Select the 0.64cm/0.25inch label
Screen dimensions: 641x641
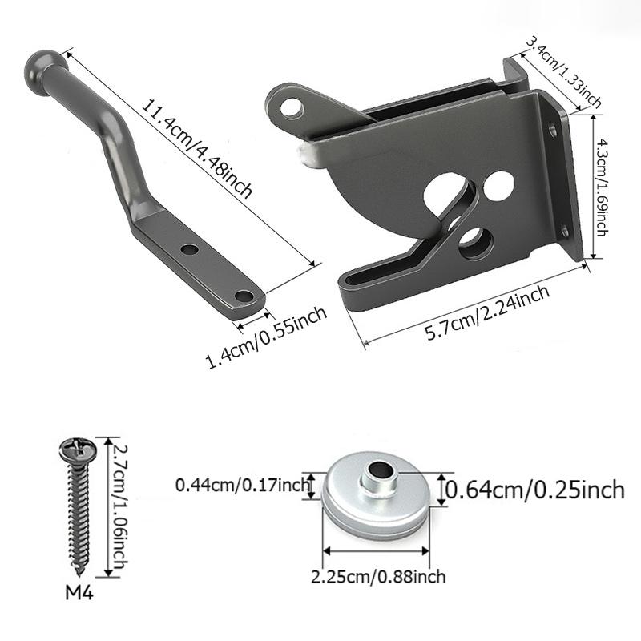point(535,490)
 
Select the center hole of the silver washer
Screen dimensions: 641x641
point(377,468)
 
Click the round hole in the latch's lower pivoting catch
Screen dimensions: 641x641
point(473,240)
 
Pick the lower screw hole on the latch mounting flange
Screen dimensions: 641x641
point(566,232)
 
